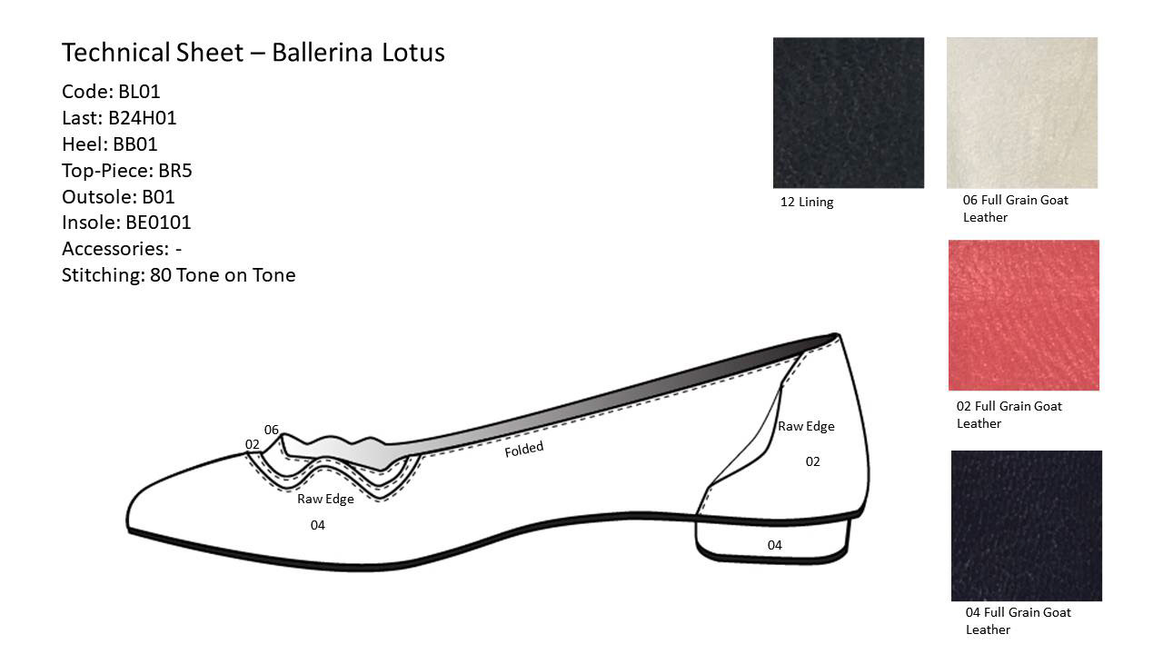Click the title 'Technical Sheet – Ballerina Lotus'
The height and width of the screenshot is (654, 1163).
pyautogui.click(x=253, y=53)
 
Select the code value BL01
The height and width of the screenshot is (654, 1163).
pyautogui.click(x=139, y=92)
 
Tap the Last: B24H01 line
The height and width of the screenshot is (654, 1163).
pyautogui.click(x=119, y=118)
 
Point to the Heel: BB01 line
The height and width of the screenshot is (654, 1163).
pyautogui.click(x=110, y=144)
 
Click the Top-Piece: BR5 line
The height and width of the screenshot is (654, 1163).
pyautogui.click(x=127, y=171)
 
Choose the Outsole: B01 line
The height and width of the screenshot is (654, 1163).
pyautogui.click(x=118, y=197)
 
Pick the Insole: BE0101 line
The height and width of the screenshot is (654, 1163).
pyautogui.click(x=126, y=223)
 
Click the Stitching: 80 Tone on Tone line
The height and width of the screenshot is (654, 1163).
pyautogui.click(x=178, y=275)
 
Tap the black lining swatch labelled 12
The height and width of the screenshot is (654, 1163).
pyautogui.click(x=848, y=113)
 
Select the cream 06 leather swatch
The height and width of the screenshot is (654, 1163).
pyautogui.click(x=1021, y=113)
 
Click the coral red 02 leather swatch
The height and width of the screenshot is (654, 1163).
pyautogui.click(x=1023, y=315)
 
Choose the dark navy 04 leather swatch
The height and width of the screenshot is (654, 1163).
pyautogui.click(x=1026, y=525)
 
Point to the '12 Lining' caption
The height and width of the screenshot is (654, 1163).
pyautogui.click(x=806, y=203)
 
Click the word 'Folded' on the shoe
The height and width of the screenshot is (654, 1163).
pyautogui.click(x=524, y=449)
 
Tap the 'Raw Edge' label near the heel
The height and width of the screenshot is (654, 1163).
pyautogui.click(x=805, y=426)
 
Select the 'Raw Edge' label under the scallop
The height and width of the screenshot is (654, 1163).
pyautogui.click(x=325, y=499)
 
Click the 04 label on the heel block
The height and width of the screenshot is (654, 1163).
pyautogui.click(x=774, y=545)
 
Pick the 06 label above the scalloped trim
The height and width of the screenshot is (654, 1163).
pyautogui.click(x=271, y=430)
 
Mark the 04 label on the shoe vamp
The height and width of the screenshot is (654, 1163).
pyautogui.click(x=317, y=525)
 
